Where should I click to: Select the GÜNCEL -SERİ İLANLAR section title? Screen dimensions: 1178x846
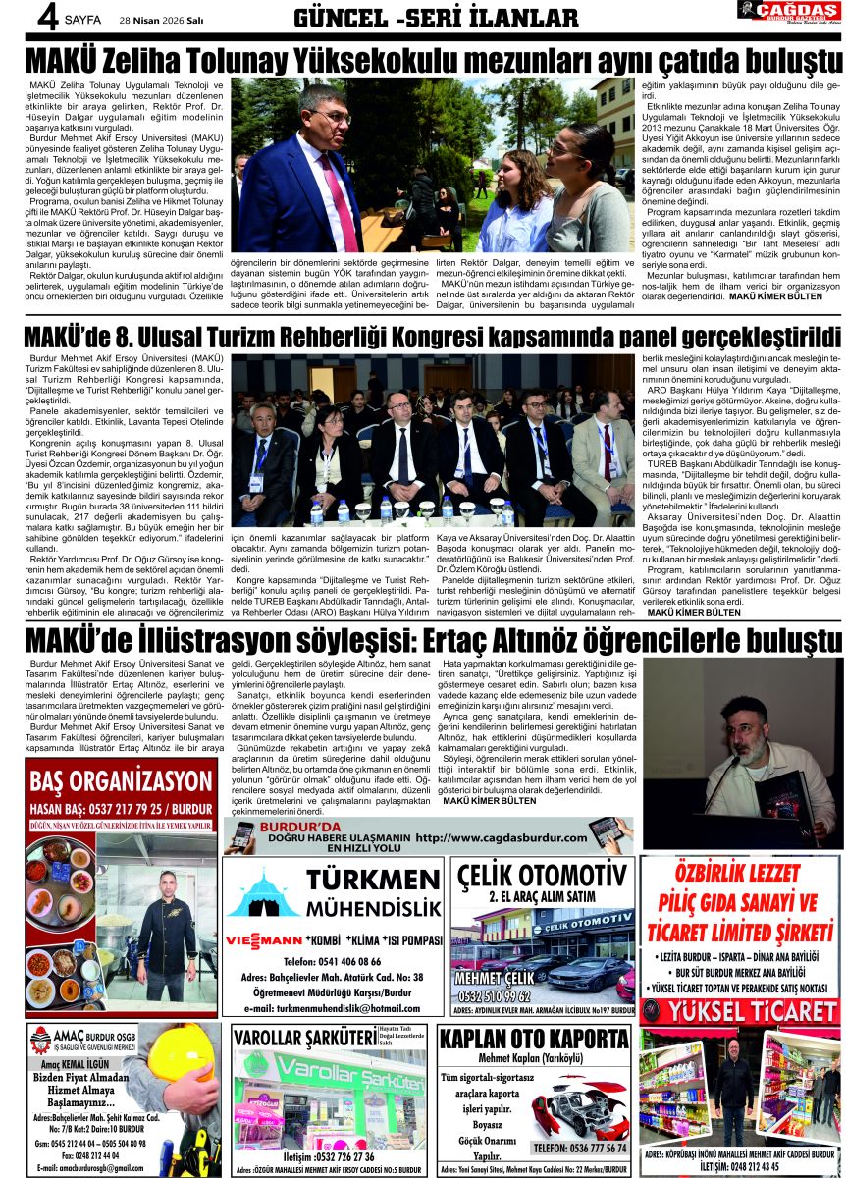tap(436, 18)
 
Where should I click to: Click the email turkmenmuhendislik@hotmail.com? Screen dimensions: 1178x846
tap(333, 1008)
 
